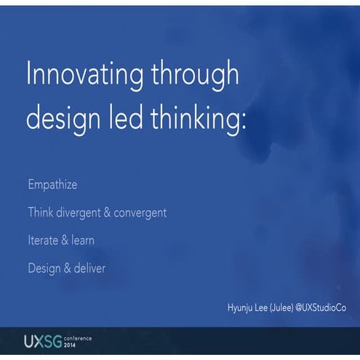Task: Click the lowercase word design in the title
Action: pos(63,118)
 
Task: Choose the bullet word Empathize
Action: pos(53,185)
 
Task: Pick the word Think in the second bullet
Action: pos(41,212)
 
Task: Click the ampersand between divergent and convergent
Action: pos(108,212)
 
